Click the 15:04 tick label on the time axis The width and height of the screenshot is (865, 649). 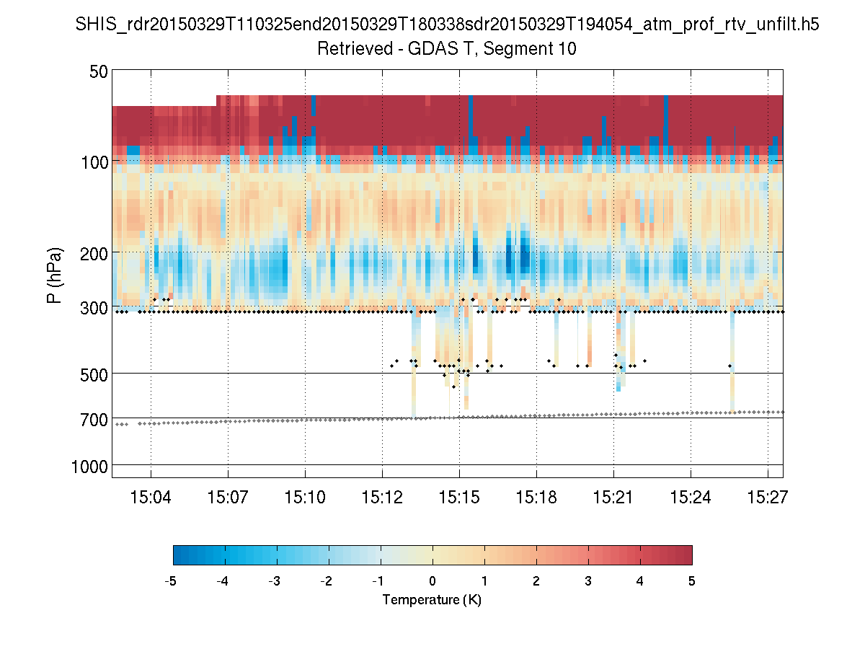click(x=150, y=497)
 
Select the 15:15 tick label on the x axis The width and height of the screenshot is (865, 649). click(x=459, y=497)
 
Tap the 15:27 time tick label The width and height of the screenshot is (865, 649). click(x=768, y=497)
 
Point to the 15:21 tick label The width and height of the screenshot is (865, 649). click(x=613, y=497)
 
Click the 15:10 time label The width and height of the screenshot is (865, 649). click(x=305, y=497)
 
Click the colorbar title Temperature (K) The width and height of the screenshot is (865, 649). click(x=432, y=600)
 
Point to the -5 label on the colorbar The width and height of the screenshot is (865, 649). click(x=171, y=581)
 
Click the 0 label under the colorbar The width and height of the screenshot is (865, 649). click(x=432, y=581)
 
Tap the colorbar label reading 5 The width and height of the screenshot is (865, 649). click(x=692, y=581)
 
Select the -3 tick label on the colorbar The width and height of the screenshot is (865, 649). click(x=275, y=581)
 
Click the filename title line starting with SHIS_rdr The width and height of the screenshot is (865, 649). click(x=448, y=25)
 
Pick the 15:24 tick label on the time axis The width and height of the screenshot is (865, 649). click(x=691, y=497)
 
